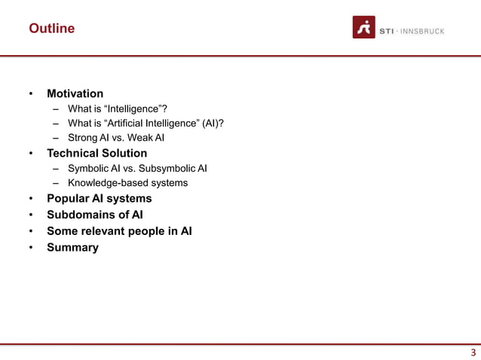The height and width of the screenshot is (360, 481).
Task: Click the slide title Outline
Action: click(51, 29)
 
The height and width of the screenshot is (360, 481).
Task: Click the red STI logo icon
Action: click(364, 27)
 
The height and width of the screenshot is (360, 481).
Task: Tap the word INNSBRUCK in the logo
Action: click(421, 31)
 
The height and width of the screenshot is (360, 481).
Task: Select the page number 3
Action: click(473, 352)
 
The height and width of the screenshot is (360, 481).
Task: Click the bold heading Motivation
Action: click(75, 93)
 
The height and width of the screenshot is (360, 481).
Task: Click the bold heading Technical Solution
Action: click(97, 153)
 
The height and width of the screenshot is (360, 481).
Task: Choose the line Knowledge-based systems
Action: click(127, 182)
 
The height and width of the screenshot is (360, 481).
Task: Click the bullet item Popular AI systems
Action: click(99, 198)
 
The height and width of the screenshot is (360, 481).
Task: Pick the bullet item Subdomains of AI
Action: click(94, 215)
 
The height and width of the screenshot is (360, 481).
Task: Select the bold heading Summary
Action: click(72, 247)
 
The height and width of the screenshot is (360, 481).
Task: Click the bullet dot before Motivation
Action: click(31, 94)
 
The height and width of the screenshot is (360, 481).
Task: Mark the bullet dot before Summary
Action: click(31, 248)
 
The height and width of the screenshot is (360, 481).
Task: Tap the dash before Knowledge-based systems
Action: click(56, 183)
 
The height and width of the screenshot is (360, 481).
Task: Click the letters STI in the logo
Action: click(386, 31)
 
